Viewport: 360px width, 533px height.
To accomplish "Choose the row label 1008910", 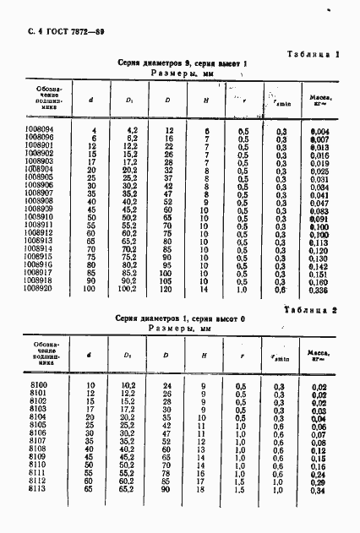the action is click(35, 217).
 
